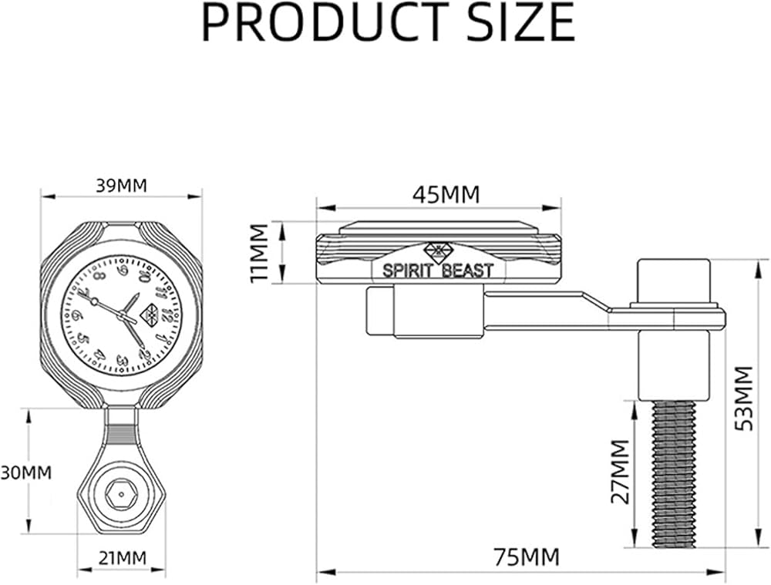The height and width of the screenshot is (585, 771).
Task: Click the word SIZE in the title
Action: (x=520, y=22)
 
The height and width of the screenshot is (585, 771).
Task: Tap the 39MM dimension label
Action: (x=121, y=186)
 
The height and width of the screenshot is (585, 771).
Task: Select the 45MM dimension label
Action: (x=446, y=195)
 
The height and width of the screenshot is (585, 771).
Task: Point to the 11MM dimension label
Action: (x=259, y=253)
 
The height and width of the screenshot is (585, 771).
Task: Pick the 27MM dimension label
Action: (x=620, y=471)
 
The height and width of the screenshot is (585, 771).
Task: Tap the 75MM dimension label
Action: (x=527, y=557)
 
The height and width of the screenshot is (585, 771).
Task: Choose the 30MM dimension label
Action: (x=25, y=473)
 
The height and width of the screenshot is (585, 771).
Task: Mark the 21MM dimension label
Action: (x=123, y=559)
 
